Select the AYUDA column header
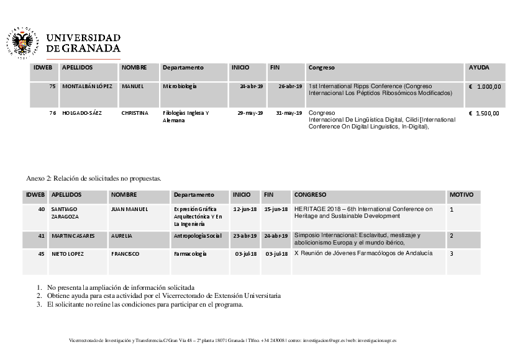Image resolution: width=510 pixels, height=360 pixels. [x=479, y=67]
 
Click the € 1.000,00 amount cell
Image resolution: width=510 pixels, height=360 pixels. [x=484, y=87]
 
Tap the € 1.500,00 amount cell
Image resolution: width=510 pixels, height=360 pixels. [x=484, y=114]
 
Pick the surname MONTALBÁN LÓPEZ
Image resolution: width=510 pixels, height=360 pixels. [x=87, y=86]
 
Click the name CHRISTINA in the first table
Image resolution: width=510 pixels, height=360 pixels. [x=135, y=113]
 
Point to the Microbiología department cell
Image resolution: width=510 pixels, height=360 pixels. [x=180, y=86]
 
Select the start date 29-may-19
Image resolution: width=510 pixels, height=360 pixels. [x=251, y=113]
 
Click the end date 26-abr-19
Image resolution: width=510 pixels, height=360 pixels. [x=290, y=86]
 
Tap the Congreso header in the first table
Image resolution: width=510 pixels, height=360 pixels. [x=322, y=67]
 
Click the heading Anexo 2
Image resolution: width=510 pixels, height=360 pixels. [x=94, y=178]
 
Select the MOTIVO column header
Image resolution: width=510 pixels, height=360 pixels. [x=461, y=195]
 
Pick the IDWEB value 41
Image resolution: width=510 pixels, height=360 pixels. [x=42, y=236]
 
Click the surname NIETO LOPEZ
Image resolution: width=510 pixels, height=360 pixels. [x=70, y=254]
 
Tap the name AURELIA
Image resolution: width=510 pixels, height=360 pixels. [x=122, y=236]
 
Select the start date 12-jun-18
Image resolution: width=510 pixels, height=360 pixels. [x=245, y=209]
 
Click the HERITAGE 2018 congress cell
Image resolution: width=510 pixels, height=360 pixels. [x=363, y=213]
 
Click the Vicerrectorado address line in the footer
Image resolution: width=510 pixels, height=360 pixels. [x=232, y=341]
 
